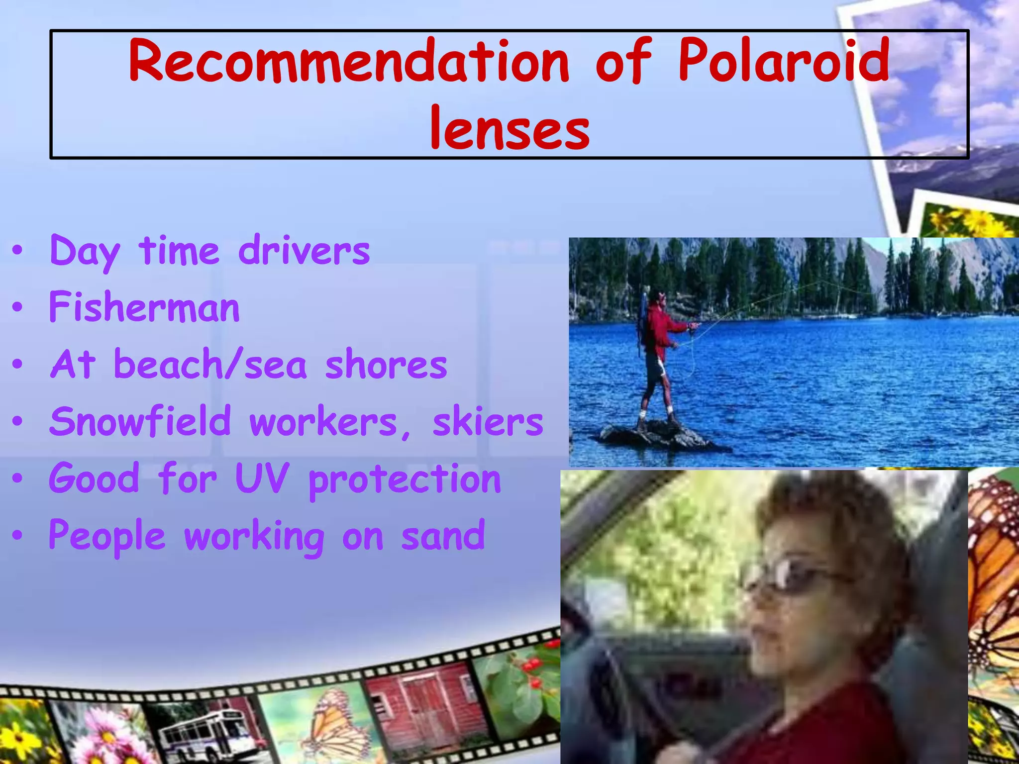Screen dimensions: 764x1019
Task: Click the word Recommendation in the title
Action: pos(348,62)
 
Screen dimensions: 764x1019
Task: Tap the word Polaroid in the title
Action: pos(784,62)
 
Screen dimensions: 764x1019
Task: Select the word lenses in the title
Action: pos(509,129)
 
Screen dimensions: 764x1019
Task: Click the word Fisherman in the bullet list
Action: pos(144,307)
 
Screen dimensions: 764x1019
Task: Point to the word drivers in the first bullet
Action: pos(304,251)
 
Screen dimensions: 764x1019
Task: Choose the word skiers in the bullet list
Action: pos(488,422)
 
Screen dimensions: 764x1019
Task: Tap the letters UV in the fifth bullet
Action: pos(262,478)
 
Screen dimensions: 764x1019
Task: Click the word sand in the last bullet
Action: pos(443,536)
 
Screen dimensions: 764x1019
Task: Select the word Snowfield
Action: pos(140,422)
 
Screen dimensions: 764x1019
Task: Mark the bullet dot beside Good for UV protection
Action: pos(18,478)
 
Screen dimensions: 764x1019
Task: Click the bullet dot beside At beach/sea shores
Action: pos(18,365)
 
